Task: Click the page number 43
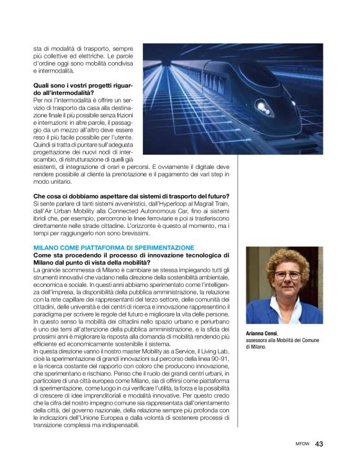coord(320,444)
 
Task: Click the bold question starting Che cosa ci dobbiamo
coord(131,196)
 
